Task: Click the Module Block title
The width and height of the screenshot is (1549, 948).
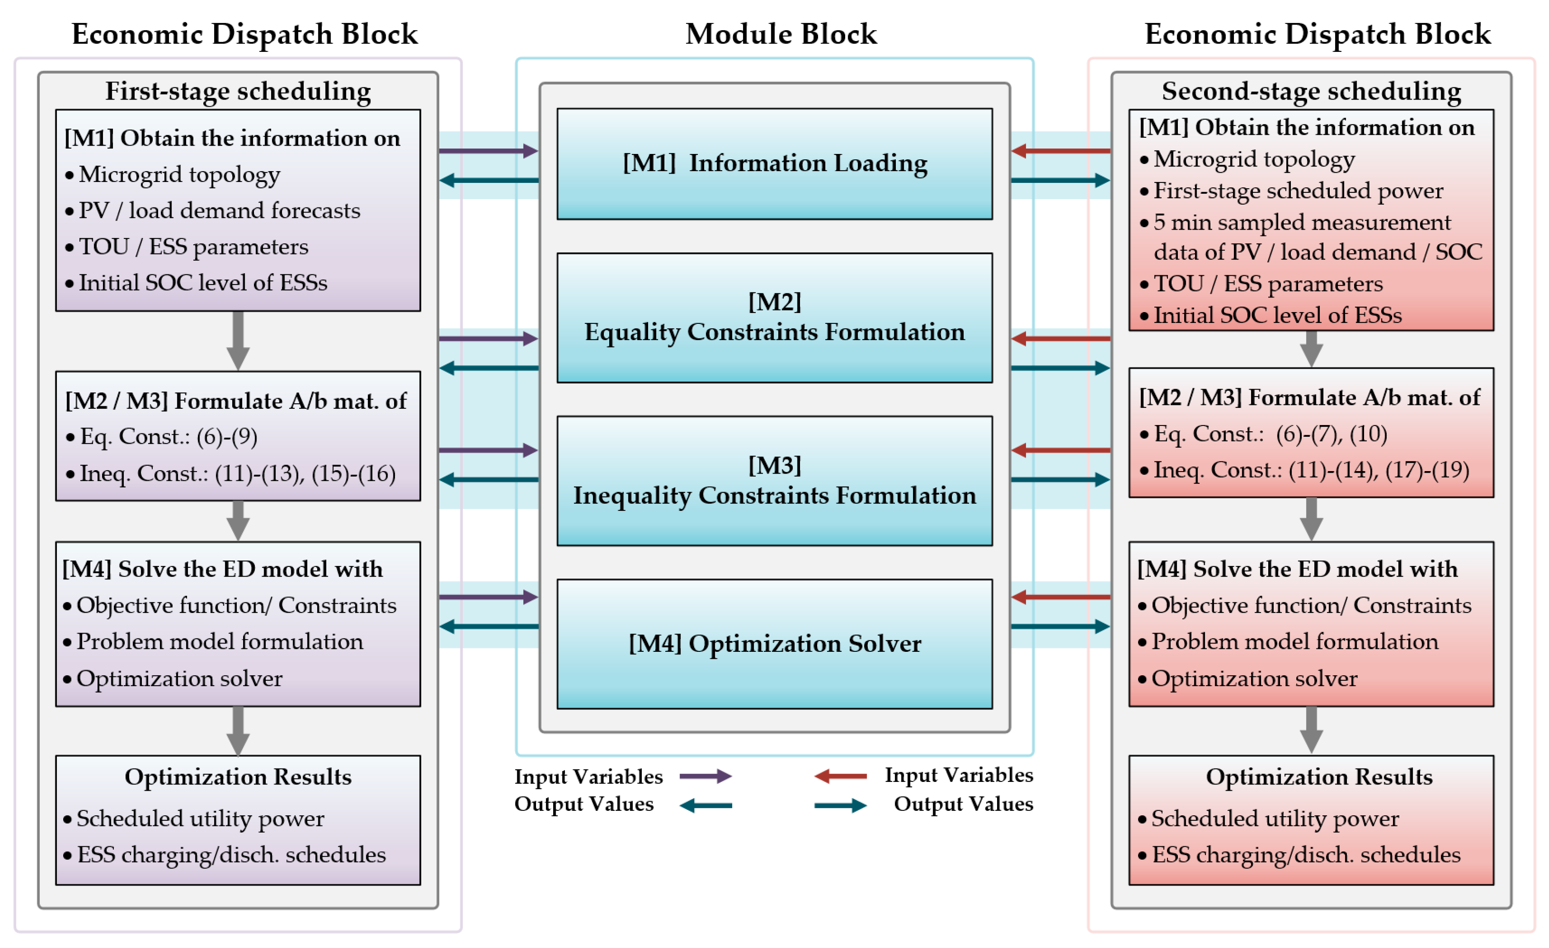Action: point(781,34)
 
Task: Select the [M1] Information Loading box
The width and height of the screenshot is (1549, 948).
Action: point(774,164)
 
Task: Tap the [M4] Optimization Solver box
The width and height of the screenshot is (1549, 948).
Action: point(774,644)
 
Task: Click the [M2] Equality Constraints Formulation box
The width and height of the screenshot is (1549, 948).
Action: point(774,318)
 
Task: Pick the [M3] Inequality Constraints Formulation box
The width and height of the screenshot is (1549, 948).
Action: point(774,481)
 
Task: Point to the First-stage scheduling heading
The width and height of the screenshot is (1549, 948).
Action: point(238,91)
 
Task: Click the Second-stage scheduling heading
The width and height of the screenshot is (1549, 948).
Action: point(1311,91)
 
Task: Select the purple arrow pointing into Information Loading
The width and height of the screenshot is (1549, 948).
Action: point(488,151)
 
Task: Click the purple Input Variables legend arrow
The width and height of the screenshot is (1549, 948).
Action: point(705,776)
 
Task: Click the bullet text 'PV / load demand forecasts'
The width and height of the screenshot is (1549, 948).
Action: point(219,210)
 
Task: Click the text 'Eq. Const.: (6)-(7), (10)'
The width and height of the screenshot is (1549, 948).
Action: point(1270,434)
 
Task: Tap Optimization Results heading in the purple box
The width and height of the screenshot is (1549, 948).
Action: point(238,777)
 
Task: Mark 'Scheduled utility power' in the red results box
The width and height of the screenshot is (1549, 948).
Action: point(1275,818)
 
